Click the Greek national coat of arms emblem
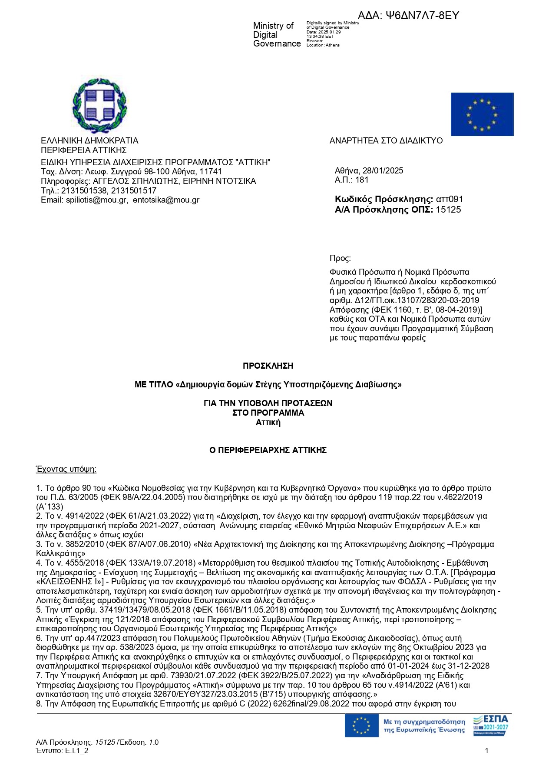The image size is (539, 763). point(99,106)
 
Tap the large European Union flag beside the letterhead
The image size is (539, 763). point(482,114)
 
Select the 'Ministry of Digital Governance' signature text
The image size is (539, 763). point(277,35)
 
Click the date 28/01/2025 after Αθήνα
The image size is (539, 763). point(383,171)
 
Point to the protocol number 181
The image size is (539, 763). point(362,180)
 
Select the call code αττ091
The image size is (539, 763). point(450,200)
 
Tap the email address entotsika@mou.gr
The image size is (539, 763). point(166,200)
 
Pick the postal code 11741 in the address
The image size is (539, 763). point(211,172)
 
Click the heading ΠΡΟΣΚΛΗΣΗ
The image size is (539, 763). point(268,366)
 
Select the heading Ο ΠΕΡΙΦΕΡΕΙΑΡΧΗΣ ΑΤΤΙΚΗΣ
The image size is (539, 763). point(268,450)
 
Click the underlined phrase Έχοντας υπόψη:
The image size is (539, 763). point(66,469)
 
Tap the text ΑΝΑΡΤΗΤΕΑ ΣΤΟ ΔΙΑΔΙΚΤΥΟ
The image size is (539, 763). point(386,141)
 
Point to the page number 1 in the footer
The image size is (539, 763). point(487,750)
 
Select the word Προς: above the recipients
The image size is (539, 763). point(340,258)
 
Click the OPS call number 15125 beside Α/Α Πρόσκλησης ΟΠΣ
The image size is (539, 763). point(448,210)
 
